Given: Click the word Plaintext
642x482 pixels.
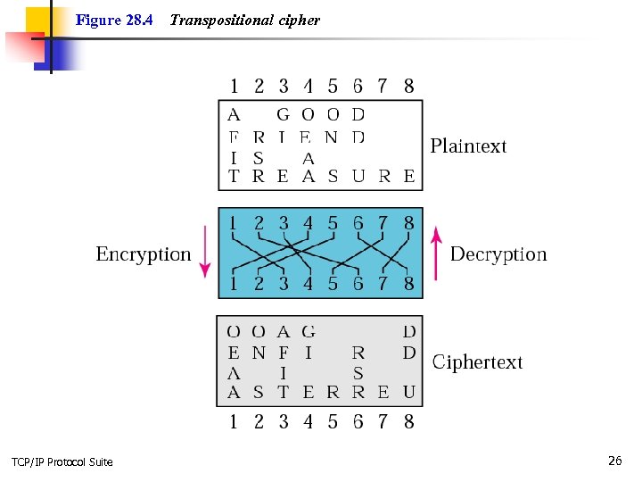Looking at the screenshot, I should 468,146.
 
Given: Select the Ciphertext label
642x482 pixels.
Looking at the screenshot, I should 477,362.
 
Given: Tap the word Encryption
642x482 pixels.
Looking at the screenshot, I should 144,254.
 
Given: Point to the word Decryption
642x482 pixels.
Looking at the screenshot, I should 498,254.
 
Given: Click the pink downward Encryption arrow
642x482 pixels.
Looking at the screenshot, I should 205,253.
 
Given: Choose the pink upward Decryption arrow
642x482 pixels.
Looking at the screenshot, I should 436,251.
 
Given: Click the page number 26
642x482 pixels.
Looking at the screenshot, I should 614,461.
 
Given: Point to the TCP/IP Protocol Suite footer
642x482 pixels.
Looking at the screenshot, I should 62,461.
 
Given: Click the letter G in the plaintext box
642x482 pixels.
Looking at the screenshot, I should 284,114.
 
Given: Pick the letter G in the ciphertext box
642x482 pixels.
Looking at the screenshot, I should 309,332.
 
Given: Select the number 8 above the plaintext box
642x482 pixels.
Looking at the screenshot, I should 408,86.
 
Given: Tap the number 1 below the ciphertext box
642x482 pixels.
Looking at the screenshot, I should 234,421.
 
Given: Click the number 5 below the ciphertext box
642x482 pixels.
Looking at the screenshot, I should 333,421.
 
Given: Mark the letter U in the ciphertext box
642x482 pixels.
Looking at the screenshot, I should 408,392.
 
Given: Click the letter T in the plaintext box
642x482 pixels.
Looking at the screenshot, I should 234,177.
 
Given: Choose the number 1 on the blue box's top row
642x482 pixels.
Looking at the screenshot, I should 234,223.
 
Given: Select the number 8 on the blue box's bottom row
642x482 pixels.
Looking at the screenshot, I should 408,285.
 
